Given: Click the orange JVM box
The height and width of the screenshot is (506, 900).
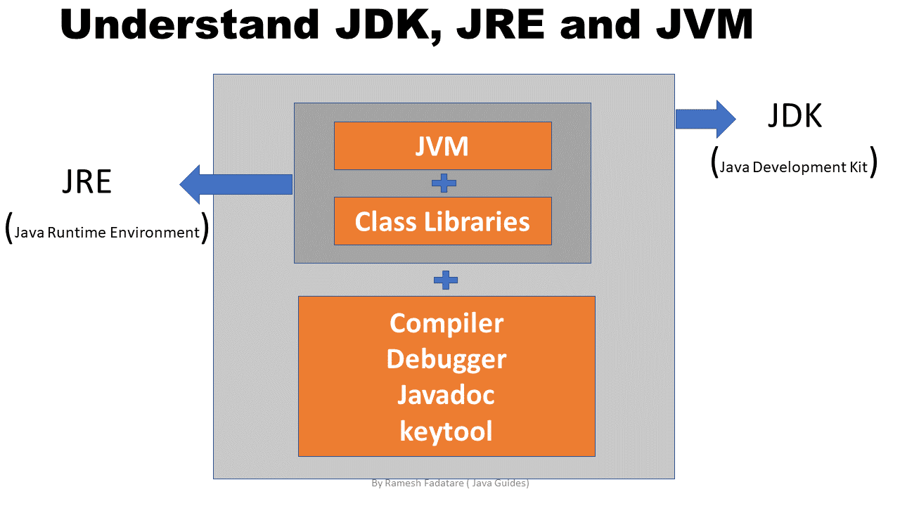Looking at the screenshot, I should click(x=442, y=145).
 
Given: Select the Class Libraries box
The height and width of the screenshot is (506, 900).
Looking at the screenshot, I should click(x=442, y=221).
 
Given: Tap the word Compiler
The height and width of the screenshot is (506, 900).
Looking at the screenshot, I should click(x=446, y=323).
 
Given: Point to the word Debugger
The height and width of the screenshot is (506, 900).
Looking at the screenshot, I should click(x=446, y=358).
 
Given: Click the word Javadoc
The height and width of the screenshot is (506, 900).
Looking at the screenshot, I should click(x=446, y=394).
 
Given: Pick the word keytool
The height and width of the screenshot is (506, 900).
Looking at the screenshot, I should click(x=446, y=430).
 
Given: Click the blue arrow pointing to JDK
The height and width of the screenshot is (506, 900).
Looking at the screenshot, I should click(x=705, y=119).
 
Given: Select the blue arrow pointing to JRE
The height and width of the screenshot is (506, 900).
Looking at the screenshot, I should click(x=236, y=184).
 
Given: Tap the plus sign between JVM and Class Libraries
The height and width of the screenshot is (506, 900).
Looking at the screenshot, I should click(x=444, y=183).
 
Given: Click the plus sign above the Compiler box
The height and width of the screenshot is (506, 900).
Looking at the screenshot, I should click(x=446, y=280).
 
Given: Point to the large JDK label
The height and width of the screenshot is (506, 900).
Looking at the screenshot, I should click(x=795, y=116).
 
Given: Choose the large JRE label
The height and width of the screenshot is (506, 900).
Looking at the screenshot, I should click(x=87, y=182).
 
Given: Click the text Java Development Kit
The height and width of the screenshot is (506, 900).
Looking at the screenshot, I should click(x=794, y=167).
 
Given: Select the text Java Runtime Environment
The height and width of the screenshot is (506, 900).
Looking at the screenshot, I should click(x=107, y=233).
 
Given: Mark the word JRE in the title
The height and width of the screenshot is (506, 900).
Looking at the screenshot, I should click(x=503, y=26).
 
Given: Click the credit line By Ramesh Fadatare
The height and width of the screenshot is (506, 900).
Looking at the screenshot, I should click(x=450, y=484).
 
